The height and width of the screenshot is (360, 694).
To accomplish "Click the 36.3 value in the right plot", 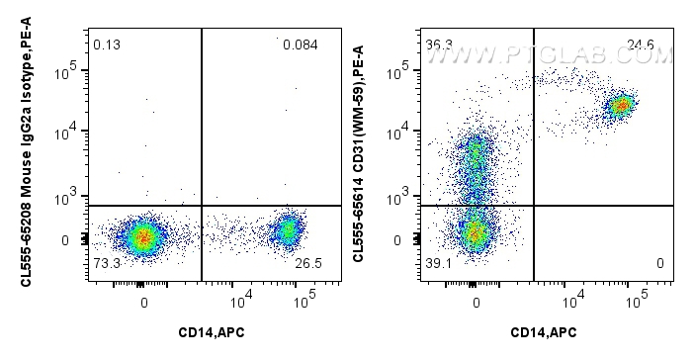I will [x=436, y=45].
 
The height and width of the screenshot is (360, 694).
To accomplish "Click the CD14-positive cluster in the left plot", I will [x=288, y=230].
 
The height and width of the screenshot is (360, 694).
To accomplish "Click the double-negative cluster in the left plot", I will [x=144, y=236].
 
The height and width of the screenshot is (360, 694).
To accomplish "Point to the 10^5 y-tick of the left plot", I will [x=71, y=72].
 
